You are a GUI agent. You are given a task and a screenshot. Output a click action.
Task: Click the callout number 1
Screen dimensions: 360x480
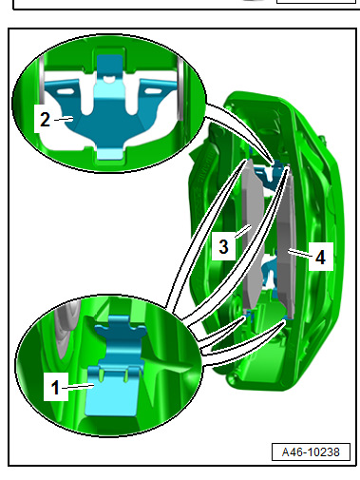[x=55, y=387]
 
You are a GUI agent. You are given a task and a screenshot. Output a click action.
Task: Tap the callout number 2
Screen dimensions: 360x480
[x=45, y=120]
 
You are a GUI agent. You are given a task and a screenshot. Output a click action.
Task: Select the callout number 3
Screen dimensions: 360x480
[x=223, y=246]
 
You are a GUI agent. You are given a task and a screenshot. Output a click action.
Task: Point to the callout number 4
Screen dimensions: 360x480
[x=320, y=257]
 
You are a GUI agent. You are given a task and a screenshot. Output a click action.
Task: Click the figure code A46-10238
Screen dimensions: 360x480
[x=311, y=452]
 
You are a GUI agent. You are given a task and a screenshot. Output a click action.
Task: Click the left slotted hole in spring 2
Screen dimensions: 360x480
[x=65, y=91]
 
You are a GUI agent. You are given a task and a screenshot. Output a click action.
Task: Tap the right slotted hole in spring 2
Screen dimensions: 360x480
[x=153, y=91]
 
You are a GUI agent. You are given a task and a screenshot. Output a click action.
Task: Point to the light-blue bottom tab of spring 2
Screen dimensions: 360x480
[x=109, y=153]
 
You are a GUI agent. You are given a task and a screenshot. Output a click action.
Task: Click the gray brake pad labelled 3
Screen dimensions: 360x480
[x=253, y=235]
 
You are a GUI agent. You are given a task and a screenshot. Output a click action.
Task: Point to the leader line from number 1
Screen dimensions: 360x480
[x=78, y=386]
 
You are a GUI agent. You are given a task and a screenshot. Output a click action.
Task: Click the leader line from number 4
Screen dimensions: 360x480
[x=301, y=254]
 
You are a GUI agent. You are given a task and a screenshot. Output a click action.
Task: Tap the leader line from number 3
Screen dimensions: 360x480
[x=243, y=232]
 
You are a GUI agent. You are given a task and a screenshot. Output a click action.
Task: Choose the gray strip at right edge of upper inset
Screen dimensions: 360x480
[x=180, y=89]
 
